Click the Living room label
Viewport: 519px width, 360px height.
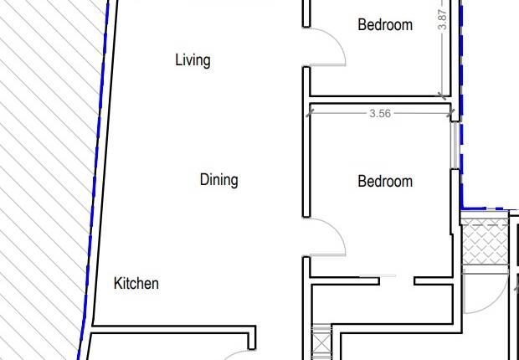[193, 60]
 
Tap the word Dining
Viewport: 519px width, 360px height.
[218, 180]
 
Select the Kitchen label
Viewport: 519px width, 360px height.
[136, 284]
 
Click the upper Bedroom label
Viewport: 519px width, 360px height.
[385, 25]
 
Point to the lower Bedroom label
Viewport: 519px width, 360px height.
[385, 182]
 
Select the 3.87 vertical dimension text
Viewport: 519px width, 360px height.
[443, 21]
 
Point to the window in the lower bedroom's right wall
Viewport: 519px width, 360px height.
[456, 147]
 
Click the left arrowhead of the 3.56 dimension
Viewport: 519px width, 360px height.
[311, 113]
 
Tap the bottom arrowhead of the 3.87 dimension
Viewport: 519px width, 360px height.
[443, 95]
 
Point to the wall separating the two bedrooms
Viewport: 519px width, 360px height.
[377, 99]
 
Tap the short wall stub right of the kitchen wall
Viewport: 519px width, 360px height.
[252, 339]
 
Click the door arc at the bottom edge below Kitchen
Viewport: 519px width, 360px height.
[234, 355]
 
